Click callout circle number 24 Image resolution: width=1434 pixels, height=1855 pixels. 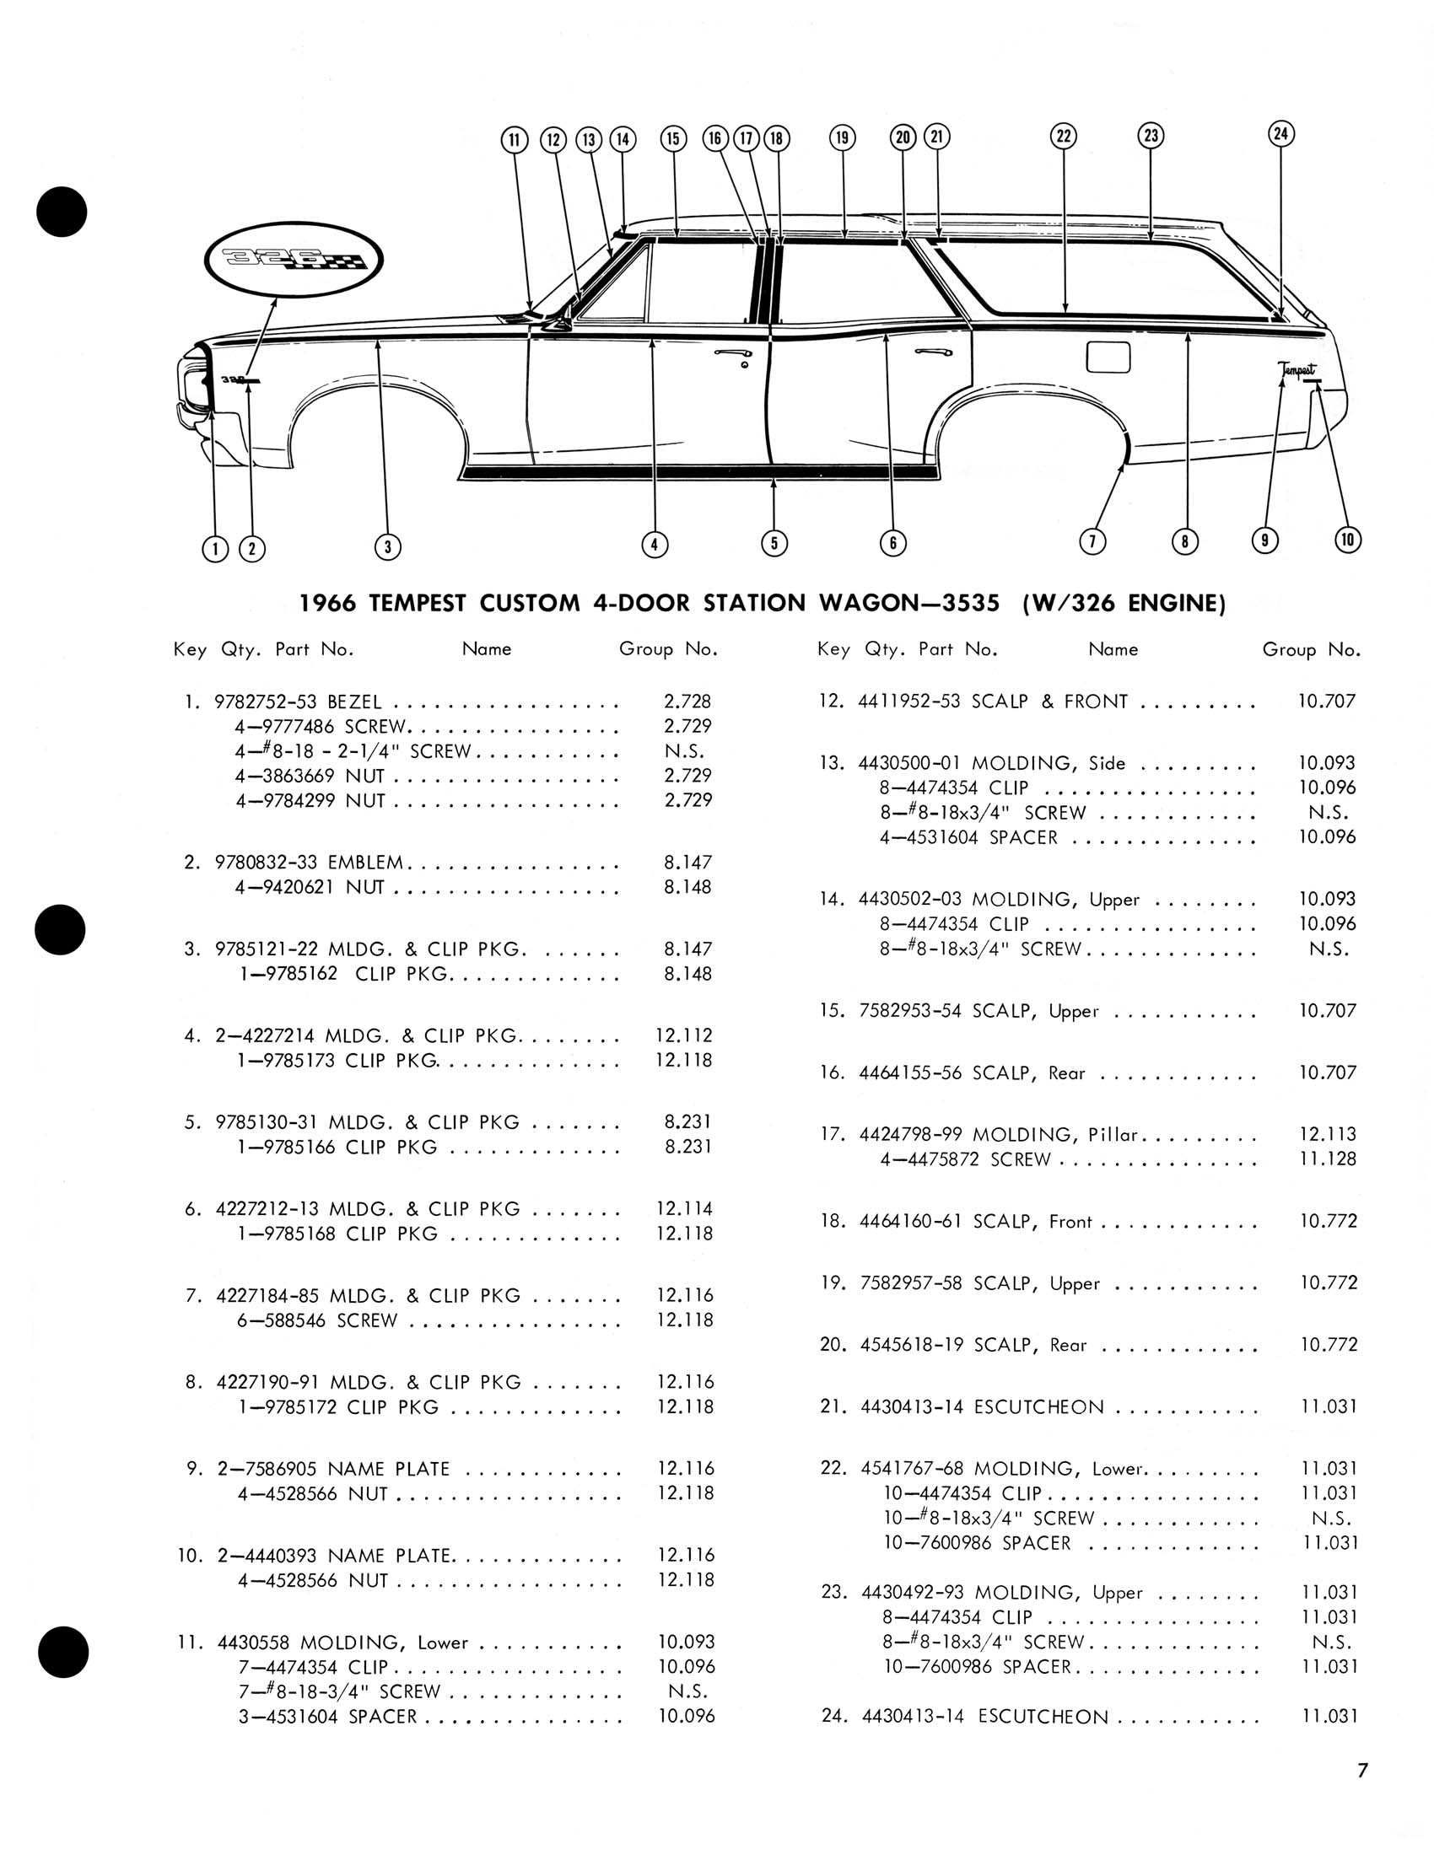coord(1281,133)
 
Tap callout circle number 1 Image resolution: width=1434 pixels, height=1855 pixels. coord(215,549)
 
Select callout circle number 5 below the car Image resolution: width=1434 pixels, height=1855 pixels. coord(774,543)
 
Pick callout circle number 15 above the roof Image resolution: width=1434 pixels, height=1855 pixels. coord(673,138)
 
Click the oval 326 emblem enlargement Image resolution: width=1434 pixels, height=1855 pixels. coord(294,259)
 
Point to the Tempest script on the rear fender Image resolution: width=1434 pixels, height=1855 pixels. coord(1297,369)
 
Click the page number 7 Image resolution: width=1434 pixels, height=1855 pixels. coord(1361,1771)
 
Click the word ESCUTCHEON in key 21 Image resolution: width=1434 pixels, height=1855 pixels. coord(1039,1406)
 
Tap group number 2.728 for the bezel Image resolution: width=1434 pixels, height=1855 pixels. coord(687,702)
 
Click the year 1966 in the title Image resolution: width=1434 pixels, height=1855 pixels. coord(327,603)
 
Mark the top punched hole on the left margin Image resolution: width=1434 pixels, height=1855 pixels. coord(62,211)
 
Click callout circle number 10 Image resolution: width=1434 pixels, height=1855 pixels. coord(1348,540)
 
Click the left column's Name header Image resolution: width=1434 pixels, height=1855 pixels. coord(486,649)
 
